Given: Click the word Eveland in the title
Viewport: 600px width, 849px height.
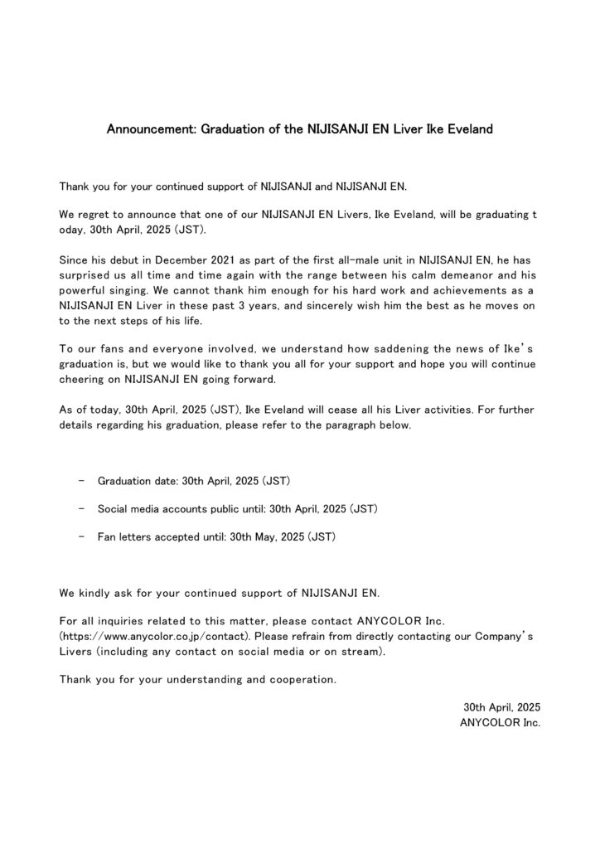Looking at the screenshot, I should point(468,130).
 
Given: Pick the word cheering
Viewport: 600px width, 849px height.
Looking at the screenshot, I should point(82,379).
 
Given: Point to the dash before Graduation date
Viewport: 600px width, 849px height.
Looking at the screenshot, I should point(80,480).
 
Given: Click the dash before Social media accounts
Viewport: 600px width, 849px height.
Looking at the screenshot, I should point(80,508).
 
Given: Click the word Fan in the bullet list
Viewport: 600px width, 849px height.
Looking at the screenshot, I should point(107,536).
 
